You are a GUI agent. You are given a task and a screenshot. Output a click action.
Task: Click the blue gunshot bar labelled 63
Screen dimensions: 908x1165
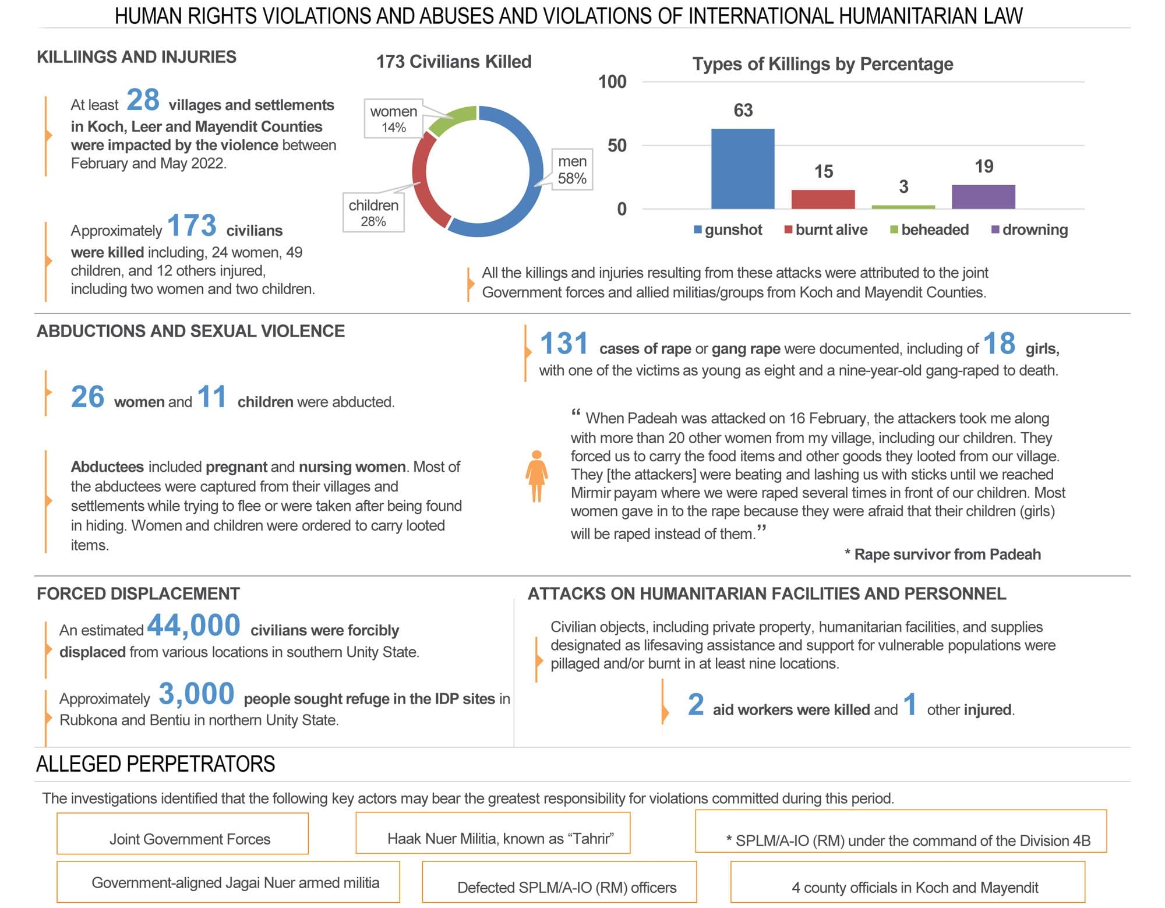pos(743,169)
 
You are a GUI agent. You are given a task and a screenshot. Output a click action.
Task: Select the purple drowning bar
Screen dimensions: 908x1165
pos(983,197)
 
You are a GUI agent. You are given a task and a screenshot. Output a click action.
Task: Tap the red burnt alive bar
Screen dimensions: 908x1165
pos(823,199)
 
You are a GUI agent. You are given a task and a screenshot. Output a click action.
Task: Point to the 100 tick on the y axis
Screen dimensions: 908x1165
pos(612,82)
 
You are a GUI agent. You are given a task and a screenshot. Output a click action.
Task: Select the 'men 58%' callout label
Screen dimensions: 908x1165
pos(572,169)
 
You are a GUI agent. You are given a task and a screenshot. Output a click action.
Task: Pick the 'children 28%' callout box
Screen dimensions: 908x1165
pos(373,213)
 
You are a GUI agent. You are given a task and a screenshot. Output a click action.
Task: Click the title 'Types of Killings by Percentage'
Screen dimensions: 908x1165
pos(822,63)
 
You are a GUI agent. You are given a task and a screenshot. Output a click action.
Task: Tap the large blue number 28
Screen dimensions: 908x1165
pos(143,100)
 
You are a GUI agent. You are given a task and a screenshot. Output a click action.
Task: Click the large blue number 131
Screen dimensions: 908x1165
pos(564,343)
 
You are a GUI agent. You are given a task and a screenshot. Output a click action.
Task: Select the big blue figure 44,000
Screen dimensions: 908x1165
pos(193,626)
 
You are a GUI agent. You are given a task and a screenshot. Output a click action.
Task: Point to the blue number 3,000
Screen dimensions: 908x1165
pos(196,694)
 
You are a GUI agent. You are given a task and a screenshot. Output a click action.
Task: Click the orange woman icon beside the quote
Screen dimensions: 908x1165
pos(536,476)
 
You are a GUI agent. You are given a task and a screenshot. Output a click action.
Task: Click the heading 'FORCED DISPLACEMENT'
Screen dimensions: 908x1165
pos(138,593)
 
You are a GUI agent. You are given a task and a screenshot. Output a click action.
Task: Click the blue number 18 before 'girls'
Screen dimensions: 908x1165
pos(999,343)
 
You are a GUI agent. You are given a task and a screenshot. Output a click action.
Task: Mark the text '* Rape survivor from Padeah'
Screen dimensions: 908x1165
pos(942,554)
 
